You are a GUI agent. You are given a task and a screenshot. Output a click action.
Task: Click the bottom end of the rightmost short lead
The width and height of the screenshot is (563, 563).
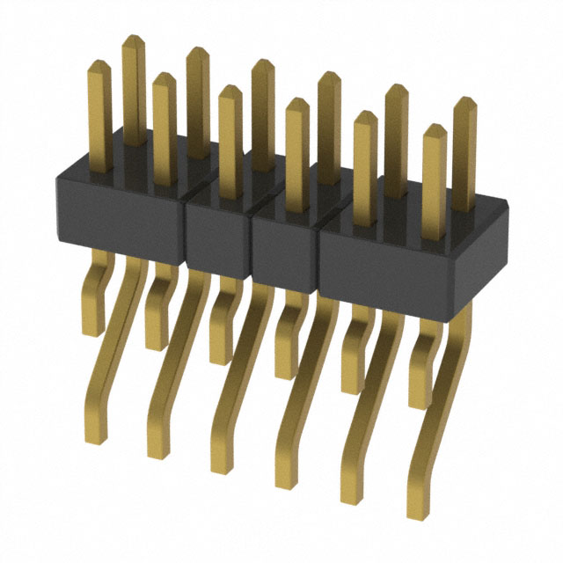(420, 403)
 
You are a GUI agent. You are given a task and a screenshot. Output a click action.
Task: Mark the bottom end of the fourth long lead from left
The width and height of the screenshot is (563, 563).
(284, 482)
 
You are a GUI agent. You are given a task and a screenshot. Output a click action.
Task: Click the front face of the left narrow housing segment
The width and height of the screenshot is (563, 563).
(218, 237)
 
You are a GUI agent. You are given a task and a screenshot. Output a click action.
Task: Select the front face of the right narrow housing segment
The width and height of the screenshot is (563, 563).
(285, 252)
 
